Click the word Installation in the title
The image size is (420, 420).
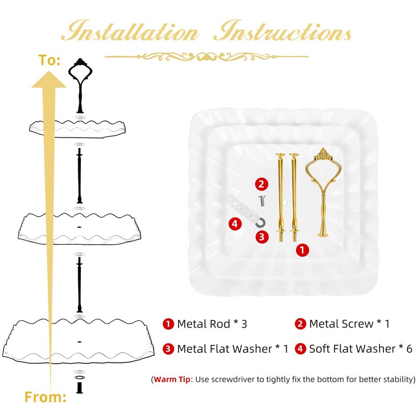click(130, 31)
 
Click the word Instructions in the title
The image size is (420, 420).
click(282, 31)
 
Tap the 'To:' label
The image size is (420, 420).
click(49, 60)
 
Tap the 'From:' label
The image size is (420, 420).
click(45, 397)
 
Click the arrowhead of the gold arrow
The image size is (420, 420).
click(49, 80)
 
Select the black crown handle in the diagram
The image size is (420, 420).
click(80, 86)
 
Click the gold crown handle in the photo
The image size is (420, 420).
click(323, 192)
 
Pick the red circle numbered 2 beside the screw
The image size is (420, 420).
click(261, 184)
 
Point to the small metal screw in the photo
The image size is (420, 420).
click(261, 201)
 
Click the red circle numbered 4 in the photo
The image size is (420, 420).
click(235, 224)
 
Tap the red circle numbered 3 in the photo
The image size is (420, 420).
click(262, 237)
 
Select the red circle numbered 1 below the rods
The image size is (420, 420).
click(302, 250)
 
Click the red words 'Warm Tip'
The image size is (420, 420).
click(172, 379)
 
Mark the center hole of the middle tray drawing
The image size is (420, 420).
click(79, 227)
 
